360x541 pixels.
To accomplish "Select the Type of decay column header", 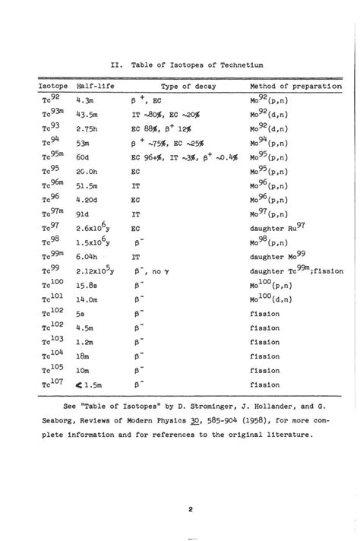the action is coord(188,87).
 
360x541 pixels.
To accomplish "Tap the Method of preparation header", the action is coord(295,87).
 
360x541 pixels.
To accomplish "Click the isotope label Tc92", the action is coord(48,98).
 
